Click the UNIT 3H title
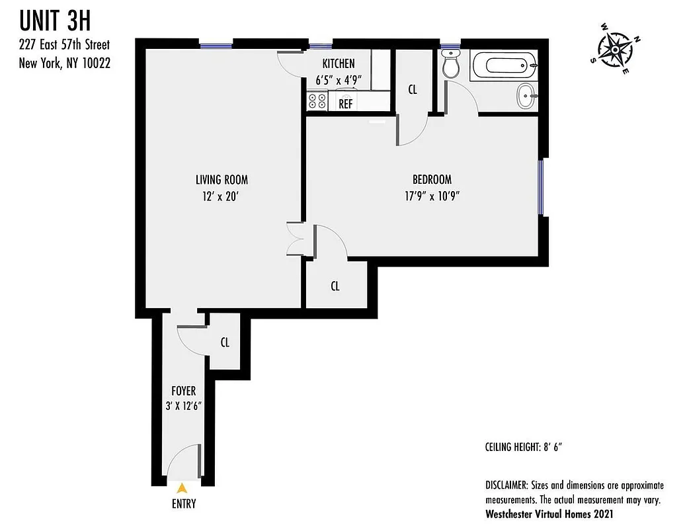[56, 21]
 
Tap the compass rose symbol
[615, 49]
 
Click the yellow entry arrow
[182, 488]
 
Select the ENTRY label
[183, 504]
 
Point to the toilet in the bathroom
[452, 66]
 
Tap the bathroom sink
[526, 97]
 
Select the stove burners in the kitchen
[317, 101]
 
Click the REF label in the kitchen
[345, 104]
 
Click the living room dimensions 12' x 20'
[222, 196]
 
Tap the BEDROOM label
[432, 179]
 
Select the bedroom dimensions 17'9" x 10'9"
[432, 196]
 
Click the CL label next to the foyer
[225, 343]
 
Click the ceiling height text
[523, 447]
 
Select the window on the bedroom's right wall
[542, 186]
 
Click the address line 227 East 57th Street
[64, 46]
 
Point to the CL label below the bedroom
[335, 286]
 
